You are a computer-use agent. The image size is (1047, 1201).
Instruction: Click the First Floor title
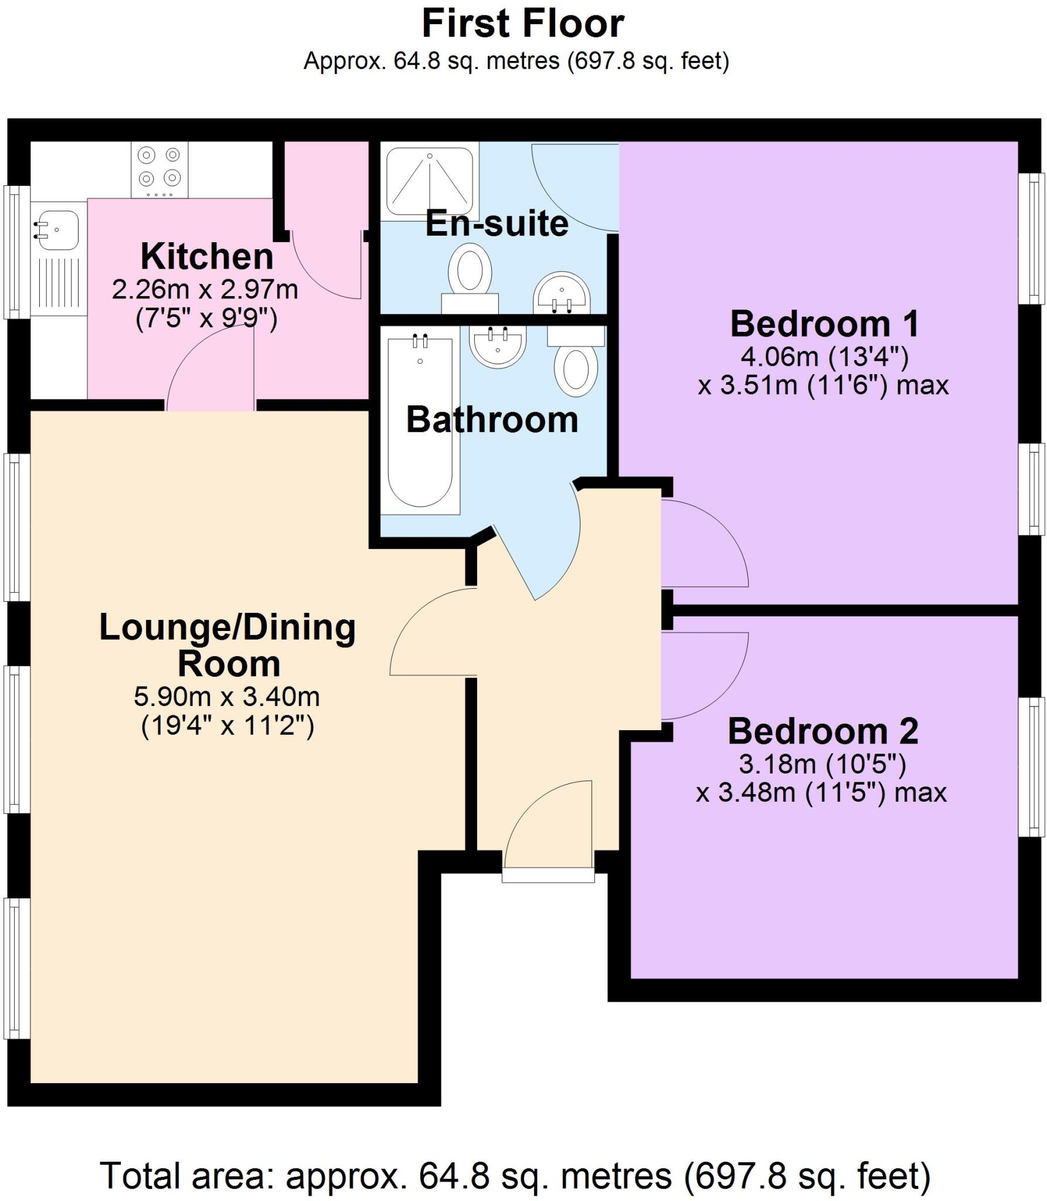tap(523, 25)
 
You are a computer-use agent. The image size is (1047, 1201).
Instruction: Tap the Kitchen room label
tap(207, 257)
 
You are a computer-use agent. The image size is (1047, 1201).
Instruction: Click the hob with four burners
tap(159, 170)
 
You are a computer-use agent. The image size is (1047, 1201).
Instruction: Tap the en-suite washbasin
tap(562, 292)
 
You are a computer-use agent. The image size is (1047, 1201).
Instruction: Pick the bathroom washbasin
tap(498, 346)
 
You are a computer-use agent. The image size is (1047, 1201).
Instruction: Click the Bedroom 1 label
tap(824, 324)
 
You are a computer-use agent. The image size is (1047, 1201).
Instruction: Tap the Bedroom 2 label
tap(822, 731)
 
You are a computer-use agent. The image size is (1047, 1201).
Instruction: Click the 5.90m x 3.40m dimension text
tap(227, 697)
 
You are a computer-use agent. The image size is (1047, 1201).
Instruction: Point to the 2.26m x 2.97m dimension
tap(205, 290)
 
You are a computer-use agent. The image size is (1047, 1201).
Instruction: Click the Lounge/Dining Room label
tap(228, 645)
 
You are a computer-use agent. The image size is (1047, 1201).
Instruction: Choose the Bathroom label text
tap(492, 420)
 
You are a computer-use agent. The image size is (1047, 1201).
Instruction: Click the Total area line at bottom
tap(515, 1160)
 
